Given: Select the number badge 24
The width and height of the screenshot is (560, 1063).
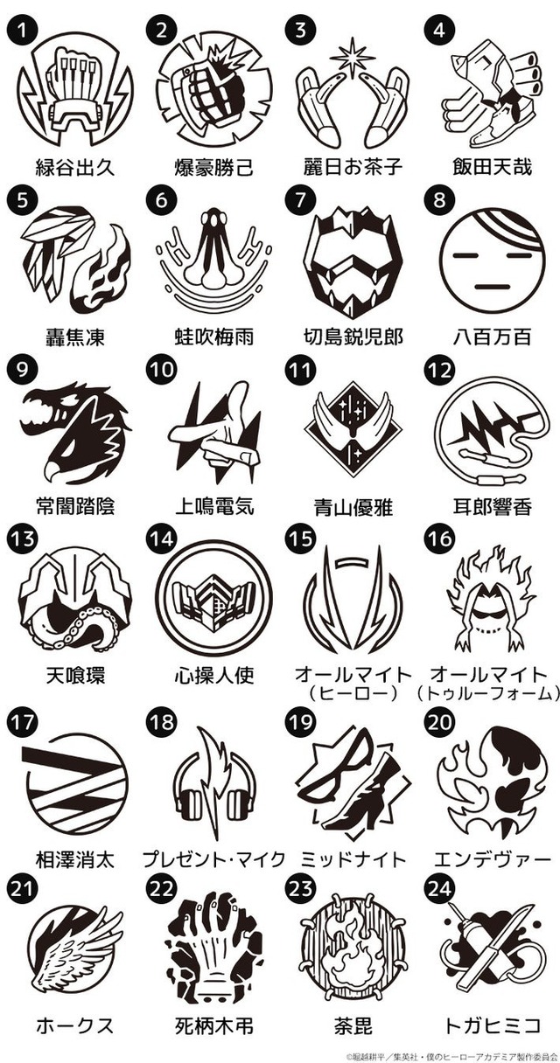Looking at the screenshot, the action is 439,889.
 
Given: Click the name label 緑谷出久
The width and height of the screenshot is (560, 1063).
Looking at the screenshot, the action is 75,167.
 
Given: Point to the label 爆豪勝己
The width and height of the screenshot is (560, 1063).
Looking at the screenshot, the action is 214,167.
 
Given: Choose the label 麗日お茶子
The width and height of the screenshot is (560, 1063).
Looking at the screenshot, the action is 353,167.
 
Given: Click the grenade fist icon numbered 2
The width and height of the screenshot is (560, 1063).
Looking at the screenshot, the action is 214,93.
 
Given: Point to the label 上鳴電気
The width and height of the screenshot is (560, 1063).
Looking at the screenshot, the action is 214,506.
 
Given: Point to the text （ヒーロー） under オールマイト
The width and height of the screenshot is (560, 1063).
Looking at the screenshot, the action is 353,694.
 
